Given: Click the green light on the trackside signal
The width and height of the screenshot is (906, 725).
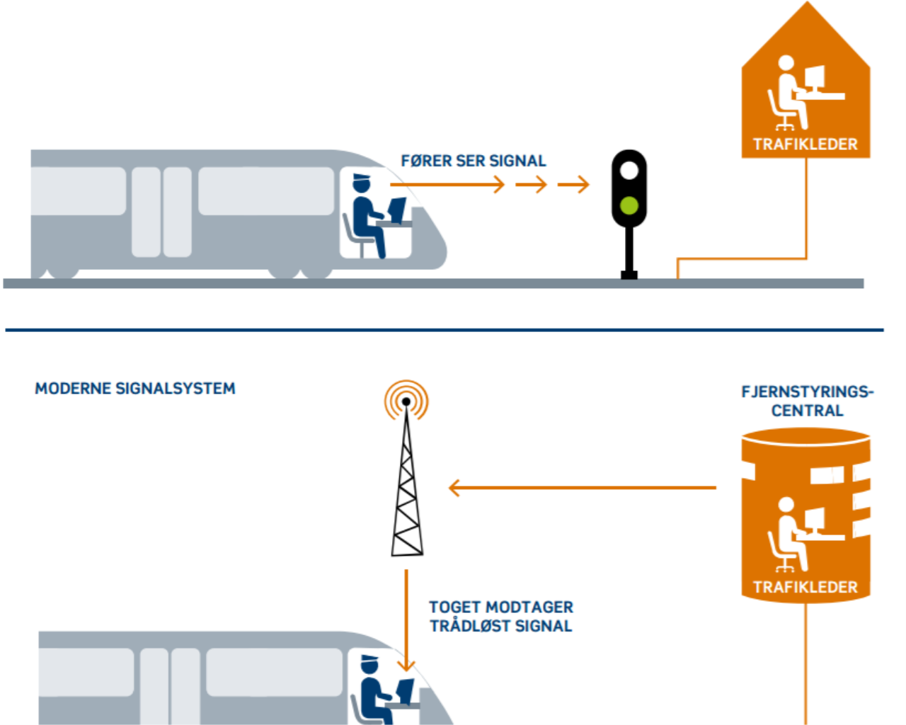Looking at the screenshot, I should pyautogui.click(x=629, y=205).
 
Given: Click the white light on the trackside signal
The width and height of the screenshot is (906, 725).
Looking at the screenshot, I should pyautogui.click(x=629, y=171).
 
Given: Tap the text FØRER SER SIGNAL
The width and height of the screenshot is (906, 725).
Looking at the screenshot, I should pyautogui.click(x=473, y=161).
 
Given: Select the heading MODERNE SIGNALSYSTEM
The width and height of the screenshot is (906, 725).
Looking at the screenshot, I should pyautogui.click(x=135, y=389).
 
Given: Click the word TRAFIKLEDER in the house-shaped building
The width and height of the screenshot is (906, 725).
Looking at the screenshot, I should pyautogui.click(x=805, y=144).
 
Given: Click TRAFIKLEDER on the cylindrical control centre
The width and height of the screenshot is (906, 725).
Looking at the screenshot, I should pyautogui.click(x=805, y=587).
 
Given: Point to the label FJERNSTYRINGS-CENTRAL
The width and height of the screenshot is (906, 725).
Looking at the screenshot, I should pyautogui.click(x=807, y=401).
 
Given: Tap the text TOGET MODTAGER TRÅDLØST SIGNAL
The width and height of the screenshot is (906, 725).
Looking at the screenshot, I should pyautogui.click(x=500, y=616).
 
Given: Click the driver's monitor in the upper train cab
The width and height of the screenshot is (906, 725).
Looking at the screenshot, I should pyautogui.click(x=397, y=210).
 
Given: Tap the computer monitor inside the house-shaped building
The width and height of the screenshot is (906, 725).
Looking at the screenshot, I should pyautogui.click(x=815, y=76).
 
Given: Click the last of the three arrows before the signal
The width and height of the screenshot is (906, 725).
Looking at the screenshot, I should pyautogui.click(x=573, y=185).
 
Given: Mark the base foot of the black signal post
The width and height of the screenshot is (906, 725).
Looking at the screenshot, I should pyautogui.click(x=629, y=275).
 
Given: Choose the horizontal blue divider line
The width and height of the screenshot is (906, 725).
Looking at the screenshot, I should pyautogui.click(x=445, y=330).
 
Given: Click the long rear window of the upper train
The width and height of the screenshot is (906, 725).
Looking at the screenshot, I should pyautogui.click(x=78, y=191).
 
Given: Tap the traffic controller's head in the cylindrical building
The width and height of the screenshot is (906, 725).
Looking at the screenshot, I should pyautogui.click(x=786, y=505).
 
